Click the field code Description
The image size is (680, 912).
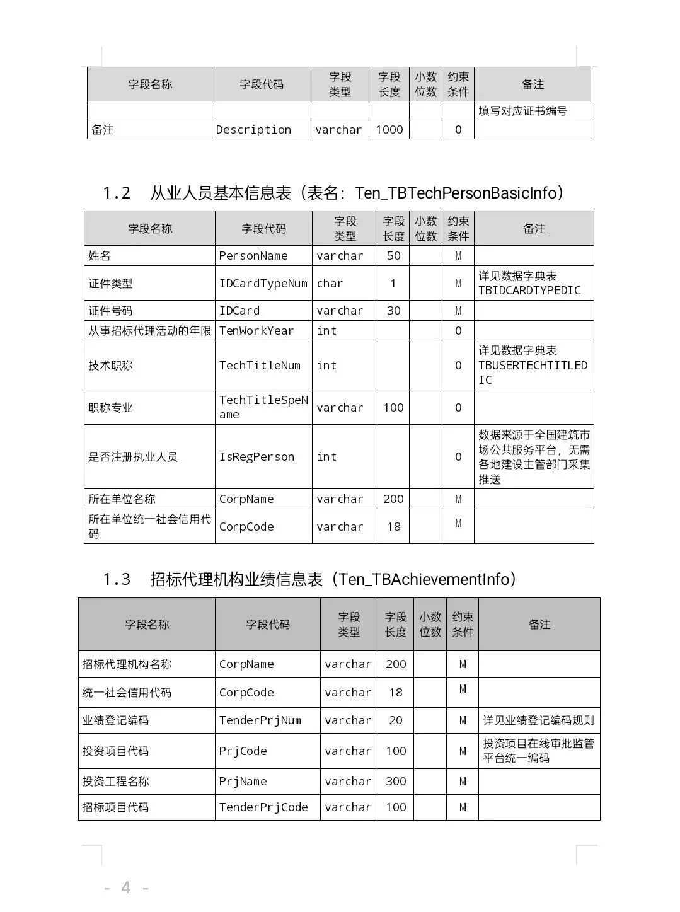click(253, 130)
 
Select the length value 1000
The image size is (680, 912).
click(389, 130)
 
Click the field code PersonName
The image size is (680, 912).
click(253, 256)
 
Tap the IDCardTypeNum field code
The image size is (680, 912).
click(263, 284)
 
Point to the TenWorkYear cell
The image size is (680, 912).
click(256, 331)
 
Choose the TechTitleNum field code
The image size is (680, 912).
click(260, 366)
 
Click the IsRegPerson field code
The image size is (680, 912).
click(256, 457)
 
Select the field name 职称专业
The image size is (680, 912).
click(111, 408)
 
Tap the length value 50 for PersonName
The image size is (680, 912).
click(393, 256)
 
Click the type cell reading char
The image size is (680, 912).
click(330, 284)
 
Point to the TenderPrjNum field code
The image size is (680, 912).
click(260, 720)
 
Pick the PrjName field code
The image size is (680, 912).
click(243, 782)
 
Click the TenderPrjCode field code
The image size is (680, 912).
click(263, 807)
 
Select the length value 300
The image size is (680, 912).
click(396, 782)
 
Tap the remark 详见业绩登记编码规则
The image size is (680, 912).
click(538, 720)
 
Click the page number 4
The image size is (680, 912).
click(126, 888)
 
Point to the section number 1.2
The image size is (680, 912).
click(117, 193)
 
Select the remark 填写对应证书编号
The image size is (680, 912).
click(522, 111)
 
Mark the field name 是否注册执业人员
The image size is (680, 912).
click(133, 457)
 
